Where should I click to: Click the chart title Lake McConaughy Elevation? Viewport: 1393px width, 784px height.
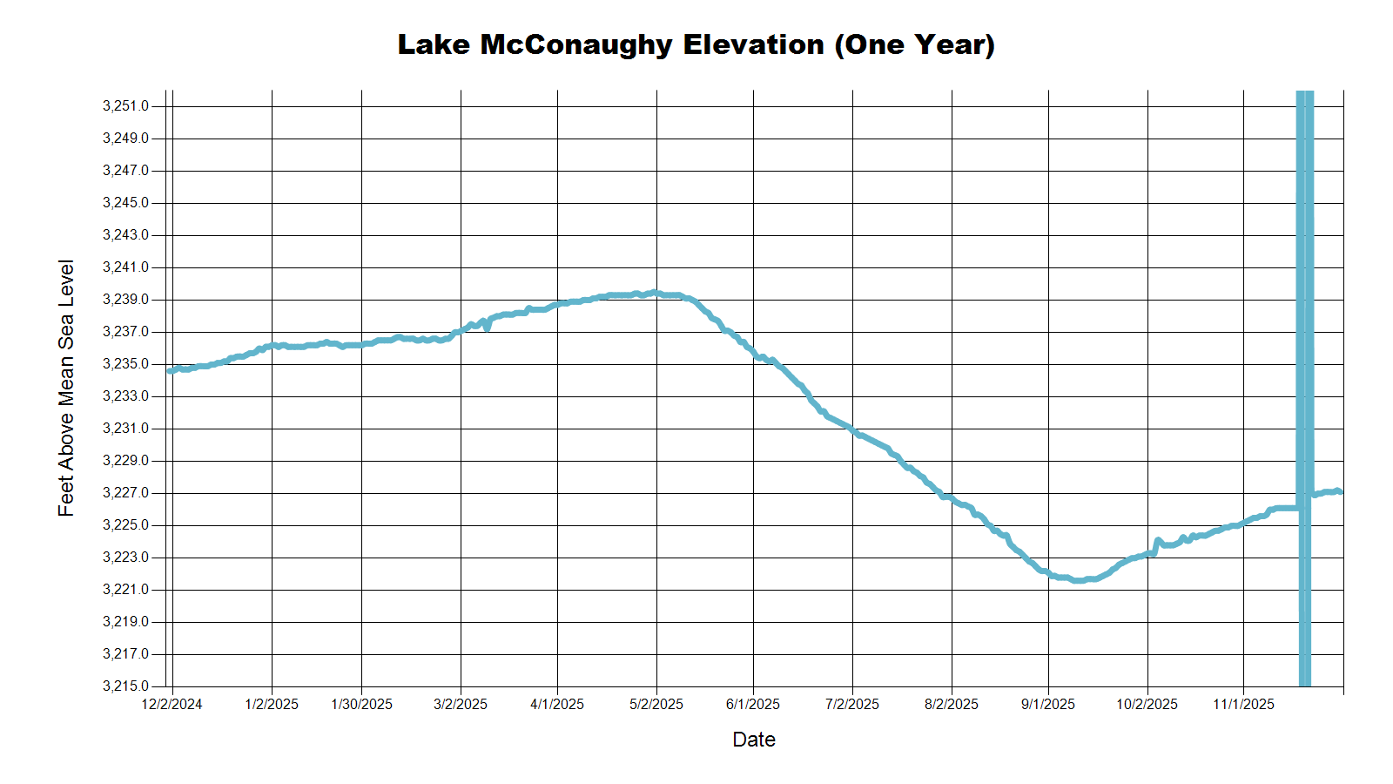coord(696,44)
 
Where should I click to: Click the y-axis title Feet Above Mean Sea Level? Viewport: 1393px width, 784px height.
coord(66,388)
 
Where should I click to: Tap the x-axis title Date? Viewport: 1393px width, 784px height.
coord(753,740)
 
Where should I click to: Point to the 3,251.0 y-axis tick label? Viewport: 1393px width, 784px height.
coord(125,106)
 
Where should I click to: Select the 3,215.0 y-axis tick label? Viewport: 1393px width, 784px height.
coord(125,686)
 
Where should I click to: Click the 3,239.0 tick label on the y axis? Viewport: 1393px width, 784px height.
coord(125,300)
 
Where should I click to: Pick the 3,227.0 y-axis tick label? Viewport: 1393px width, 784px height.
coord(125,493)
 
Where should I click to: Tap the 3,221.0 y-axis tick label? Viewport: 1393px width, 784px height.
coord(125,590)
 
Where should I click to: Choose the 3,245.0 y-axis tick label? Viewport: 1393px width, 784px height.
coord(125,203)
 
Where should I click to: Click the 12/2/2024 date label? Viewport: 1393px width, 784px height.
coord(172,704)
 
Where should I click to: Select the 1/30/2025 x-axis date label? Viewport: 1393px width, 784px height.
coord(361,704)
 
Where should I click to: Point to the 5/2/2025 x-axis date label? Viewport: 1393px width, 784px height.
coord(656,704)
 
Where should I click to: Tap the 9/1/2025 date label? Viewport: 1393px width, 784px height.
coord(1048,704)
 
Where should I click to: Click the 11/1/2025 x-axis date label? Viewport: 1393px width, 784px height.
coord(1243,704)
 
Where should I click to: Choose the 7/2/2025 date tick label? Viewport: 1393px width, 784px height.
coord(852,704)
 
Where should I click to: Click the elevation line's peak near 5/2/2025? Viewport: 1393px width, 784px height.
coord(654,293)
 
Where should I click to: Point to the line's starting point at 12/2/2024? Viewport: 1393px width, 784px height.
coord(170,371)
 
